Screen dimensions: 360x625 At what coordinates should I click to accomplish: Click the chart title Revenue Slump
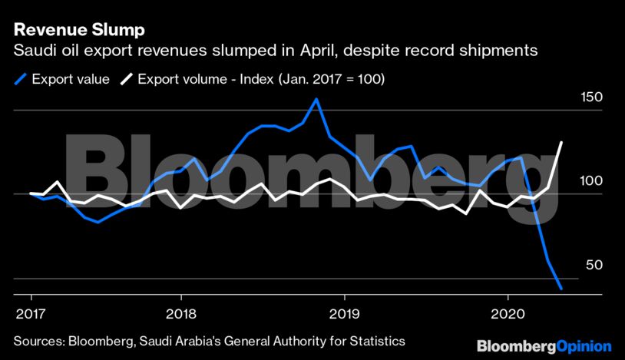click(x=79, y=31)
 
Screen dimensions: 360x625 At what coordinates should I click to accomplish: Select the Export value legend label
click(x=71, y=78)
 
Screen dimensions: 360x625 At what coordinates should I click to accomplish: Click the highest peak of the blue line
click(x=316, y=99)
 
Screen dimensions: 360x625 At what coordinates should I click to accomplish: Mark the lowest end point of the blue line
click(x=562, y=289)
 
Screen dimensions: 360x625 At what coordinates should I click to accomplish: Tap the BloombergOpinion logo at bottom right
click(x=544, y=346)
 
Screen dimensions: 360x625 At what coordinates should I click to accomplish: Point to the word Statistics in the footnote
click(x=376, y=340)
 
